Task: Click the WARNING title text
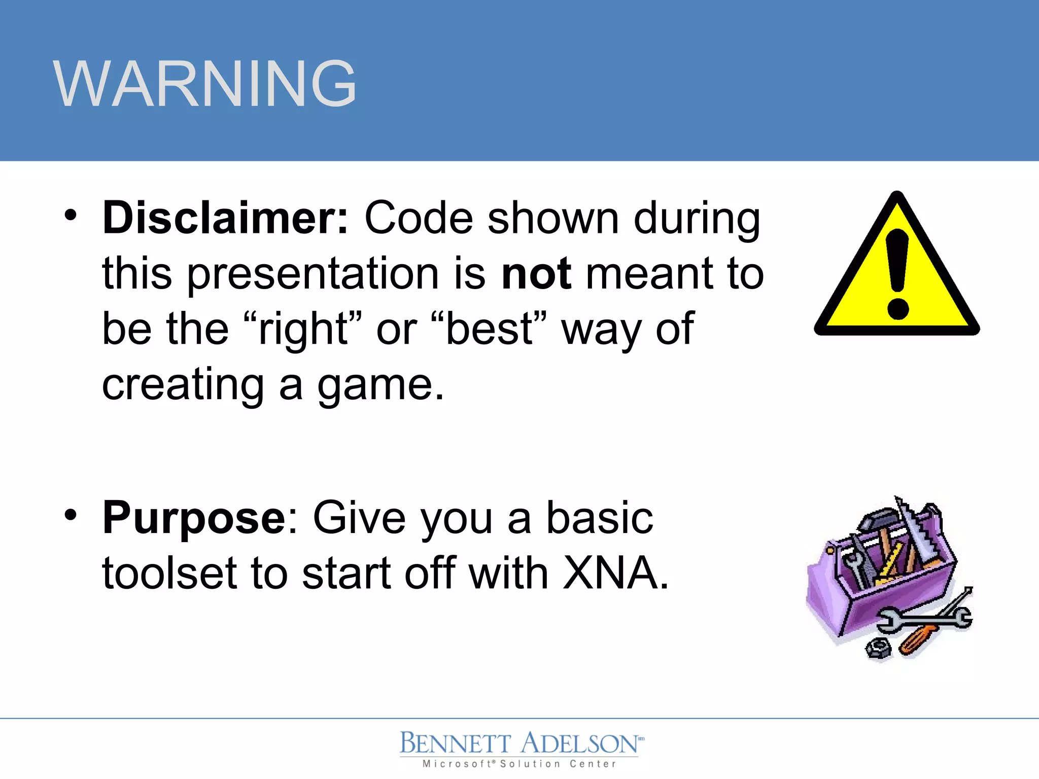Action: [204, 84]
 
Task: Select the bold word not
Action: [536, 274]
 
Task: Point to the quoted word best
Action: [489, 330]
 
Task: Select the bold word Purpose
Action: [194, 518]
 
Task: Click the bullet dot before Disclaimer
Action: [71, 216]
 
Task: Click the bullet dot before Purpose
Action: [71, 515]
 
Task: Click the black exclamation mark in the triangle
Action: [897, 274]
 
